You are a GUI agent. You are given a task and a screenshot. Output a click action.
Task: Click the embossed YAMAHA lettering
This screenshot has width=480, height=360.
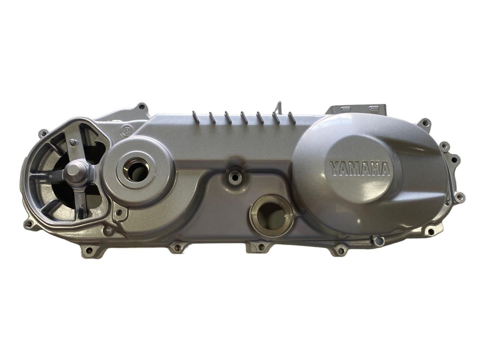coord(360,169)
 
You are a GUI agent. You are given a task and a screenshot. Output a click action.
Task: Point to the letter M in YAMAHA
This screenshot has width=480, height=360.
coord(354,169)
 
